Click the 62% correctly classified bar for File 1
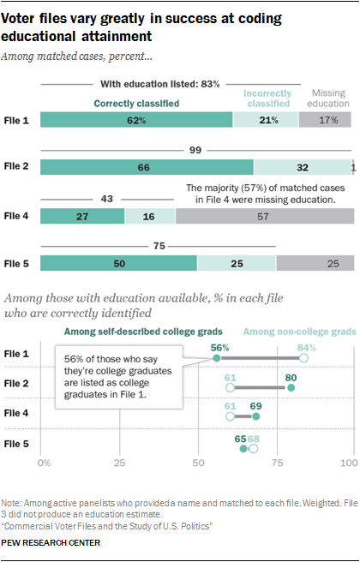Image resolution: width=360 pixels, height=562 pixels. (136, 120)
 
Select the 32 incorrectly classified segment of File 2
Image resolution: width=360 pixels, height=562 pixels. (303, 167)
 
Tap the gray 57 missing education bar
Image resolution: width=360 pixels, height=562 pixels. (265, 216)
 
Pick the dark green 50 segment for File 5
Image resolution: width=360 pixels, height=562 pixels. (118, 264)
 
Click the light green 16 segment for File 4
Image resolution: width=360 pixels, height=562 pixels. (150, 216)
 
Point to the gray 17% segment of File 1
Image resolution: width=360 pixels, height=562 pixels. (325, 120)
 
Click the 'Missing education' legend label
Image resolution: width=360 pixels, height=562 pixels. (328, 99)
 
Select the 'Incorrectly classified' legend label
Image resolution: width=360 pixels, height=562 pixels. (267, 99)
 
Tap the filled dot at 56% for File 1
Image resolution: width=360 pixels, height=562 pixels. (217, 358)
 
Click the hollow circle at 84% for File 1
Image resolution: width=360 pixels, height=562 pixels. (303, 358)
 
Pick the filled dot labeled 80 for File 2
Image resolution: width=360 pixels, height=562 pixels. (291, 387)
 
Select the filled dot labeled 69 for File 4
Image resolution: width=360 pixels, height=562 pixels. (256, 416)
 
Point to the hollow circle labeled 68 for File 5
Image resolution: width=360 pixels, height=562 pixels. (254, 449)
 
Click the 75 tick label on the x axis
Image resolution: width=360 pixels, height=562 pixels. (277, 463)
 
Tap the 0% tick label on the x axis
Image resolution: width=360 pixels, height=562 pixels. (44, 463)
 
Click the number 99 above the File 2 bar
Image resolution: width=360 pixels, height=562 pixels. (195, 150)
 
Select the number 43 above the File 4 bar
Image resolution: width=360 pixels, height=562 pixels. (107, 199)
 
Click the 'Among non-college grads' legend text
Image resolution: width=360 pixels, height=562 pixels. (300, 332)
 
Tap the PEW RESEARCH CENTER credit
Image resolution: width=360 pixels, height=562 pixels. (51, 542)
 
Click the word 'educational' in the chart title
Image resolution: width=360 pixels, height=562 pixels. (39, 36)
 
